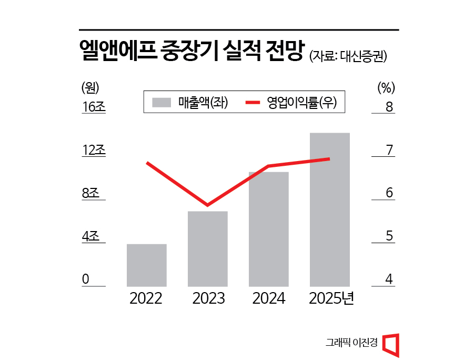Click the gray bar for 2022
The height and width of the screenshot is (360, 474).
147,265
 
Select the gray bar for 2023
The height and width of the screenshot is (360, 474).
207,248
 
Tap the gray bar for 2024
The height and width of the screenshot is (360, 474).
269,229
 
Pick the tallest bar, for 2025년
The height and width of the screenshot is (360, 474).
330,209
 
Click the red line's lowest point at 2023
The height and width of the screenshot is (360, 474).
207,205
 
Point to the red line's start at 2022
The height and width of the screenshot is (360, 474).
147,163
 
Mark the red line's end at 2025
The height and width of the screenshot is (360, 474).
329,158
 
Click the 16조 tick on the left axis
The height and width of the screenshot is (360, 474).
94,107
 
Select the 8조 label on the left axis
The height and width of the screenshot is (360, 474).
90,193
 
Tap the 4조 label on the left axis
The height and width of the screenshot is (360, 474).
90,236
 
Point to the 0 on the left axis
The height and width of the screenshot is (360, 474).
85,279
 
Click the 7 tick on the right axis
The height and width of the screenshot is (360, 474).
389,150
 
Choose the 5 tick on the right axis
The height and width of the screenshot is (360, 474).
389,236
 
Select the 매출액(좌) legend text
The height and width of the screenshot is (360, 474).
203,103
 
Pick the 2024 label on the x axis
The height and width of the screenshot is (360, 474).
269,298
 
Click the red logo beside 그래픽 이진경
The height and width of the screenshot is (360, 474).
390,345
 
